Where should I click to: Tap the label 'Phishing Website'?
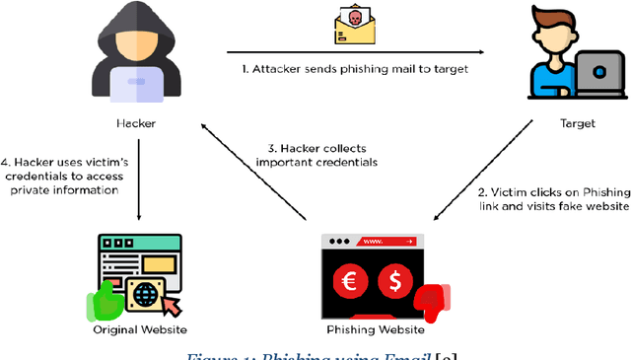[x=374, y=329]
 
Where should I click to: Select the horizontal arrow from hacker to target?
[x=355, y=51]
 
